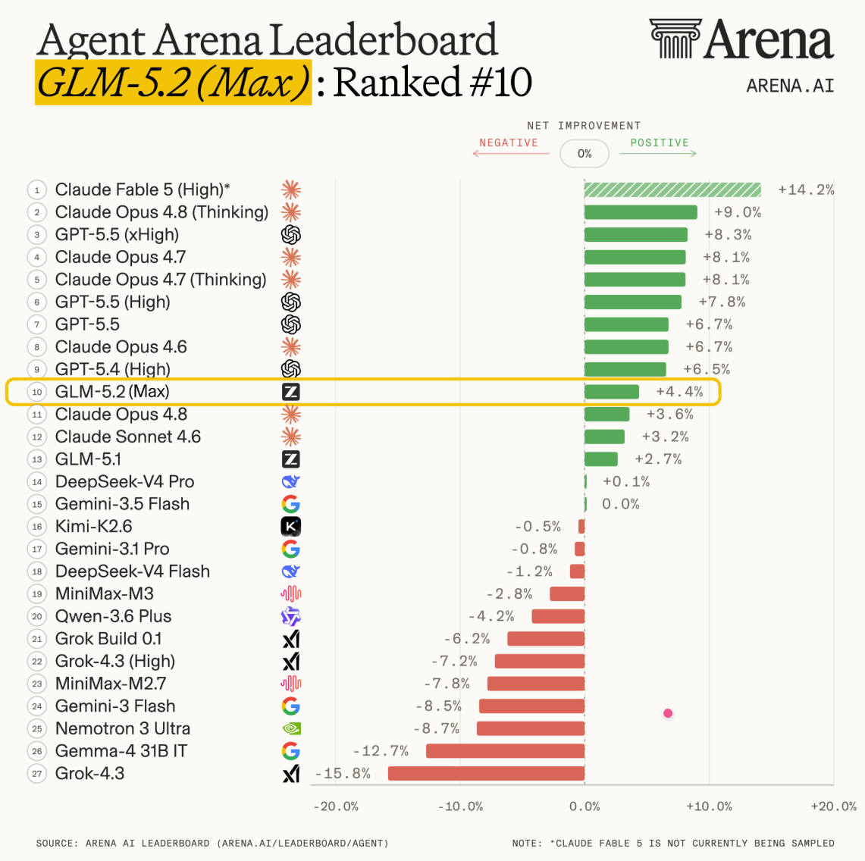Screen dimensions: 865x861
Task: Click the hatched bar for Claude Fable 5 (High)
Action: point(672,189)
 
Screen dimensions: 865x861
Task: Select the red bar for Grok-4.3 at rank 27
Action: point(486,773)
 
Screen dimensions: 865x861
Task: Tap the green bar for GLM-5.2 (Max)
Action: point(612,392)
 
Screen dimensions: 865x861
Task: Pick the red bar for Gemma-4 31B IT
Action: point(506,750)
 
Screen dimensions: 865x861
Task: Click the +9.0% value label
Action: point(738,212)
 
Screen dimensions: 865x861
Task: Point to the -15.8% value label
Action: point(343,773)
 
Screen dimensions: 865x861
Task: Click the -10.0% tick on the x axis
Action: point(461,806)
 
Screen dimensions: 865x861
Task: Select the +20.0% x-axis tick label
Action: point(834,806)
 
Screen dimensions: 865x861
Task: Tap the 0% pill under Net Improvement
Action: point(585,153)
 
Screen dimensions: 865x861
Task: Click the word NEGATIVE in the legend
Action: point(509,142)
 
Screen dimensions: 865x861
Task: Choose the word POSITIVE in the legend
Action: point(660,142)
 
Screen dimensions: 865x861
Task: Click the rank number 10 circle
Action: point(37,392)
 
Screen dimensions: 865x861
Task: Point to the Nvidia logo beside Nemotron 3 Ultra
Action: point(291,728)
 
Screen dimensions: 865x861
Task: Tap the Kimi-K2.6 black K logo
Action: point(291,526)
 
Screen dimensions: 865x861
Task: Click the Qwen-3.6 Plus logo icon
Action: point(291,616)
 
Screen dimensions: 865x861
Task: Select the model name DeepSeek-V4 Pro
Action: point(124,481)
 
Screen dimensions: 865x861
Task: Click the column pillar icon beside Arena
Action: point(675,38)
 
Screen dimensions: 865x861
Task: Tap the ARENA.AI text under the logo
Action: point(790,86)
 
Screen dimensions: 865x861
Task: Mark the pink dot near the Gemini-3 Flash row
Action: point(668,713)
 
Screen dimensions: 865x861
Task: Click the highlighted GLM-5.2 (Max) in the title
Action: point(173,82)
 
